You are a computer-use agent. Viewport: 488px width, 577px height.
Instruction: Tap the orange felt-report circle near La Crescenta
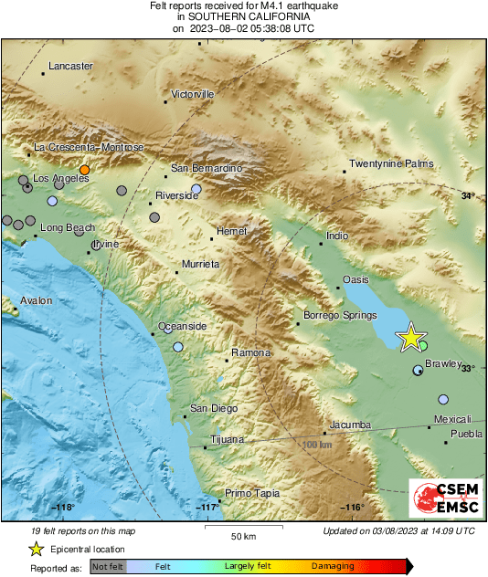84,170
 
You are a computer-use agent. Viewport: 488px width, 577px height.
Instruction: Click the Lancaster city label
70,67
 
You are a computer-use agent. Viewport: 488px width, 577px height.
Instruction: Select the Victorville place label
193,94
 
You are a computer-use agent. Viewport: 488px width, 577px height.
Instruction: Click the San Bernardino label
207,169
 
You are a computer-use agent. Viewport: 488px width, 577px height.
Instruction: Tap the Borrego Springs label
339,316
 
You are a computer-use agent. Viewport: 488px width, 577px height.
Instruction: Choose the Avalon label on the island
37,300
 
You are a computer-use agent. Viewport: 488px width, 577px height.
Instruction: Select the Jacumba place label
350,425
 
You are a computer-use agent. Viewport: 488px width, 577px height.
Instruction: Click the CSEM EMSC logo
441,498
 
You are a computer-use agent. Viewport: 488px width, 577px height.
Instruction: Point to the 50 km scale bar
241,527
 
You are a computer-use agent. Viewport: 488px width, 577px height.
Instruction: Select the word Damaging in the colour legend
333,567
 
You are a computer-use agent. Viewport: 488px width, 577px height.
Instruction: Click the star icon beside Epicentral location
35,549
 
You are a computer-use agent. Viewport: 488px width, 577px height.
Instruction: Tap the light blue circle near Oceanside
178,347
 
